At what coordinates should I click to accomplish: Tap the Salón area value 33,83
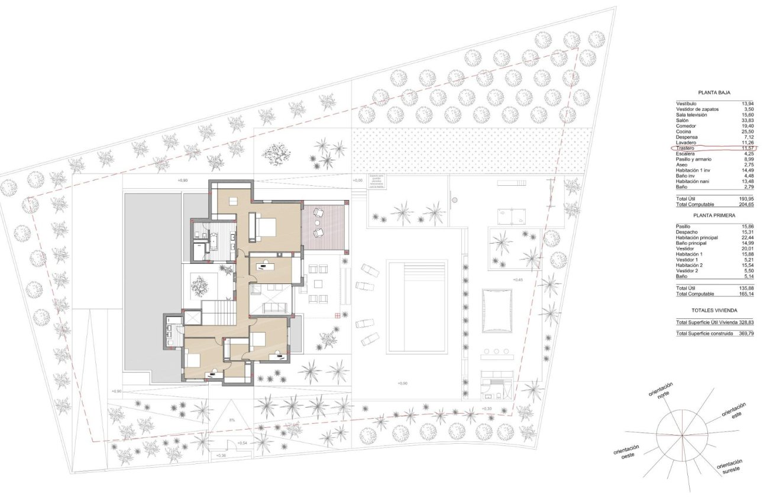748,120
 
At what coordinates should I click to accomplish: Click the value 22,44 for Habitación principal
748,237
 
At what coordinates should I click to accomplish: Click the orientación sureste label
729,467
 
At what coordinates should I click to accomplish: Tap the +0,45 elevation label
518,280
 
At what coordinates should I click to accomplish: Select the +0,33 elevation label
486,409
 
